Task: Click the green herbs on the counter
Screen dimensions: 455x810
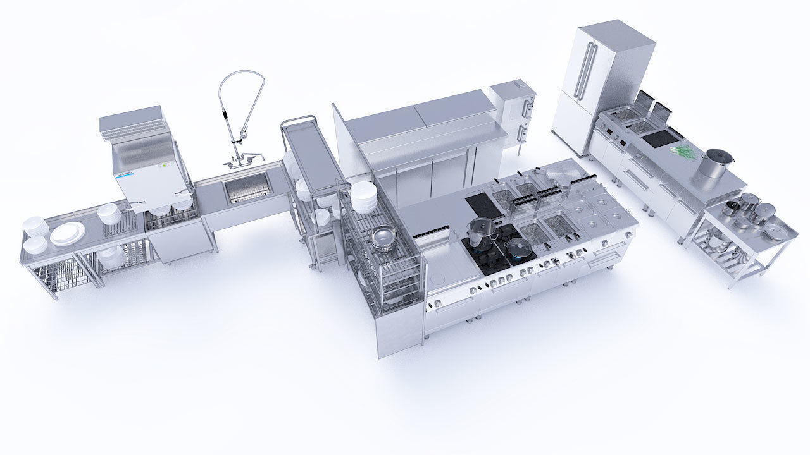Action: pos(682,152)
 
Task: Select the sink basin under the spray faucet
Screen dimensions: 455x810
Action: pos(248,188)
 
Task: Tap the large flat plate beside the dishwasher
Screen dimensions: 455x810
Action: pos(68,233)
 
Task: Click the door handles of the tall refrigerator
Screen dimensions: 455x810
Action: pos(585,70)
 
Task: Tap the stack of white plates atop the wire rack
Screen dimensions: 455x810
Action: pos(363,197)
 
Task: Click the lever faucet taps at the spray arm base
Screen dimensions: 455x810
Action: pos(244,158)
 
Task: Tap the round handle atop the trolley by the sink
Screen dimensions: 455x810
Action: pos(299,121)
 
